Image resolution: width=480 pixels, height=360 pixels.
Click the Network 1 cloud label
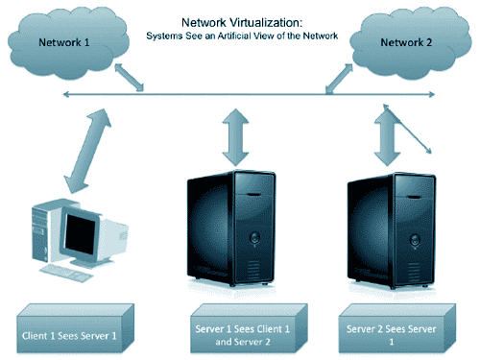(x=64, y=42)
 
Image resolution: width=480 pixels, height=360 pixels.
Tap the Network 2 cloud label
(x=406, y=42)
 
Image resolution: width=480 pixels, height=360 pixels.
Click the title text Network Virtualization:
(x=242, y=22)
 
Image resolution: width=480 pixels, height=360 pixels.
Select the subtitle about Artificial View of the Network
(x=242, y=36)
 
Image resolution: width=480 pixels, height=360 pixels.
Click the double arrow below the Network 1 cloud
(x=130, y=78)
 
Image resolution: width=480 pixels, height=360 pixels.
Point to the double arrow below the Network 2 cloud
(x=339, y=79)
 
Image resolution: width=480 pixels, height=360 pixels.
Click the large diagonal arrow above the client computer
(x=87, y=151)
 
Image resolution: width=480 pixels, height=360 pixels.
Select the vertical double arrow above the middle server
(x=235, y=137)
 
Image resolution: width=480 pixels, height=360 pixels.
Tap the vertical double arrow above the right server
(x=387, y=137)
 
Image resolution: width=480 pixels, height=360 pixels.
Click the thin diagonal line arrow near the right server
(x=407, y=129)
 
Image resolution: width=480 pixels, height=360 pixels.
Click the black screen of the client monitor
(x=80, y=234)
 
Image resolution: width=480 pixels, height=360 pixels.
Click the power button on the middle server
(x=254, y=238)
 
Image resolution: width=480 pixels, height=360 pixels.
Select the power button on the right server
(x=415, y=239)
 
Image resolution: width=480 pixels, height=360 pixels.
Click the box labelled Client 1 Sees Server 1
(x=75, y=328)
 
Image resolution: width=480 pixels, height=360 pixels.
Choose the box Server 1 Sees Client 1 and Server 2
(x=249, y=328)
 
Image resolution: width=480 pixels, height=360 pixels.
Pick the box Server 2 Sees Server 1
(x=397, y=328)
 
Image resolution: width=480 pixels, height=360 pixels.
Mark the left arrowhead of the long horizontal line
(x=66, y=94)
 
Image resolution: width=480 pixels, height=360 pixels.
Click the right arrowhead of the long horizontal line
(x=432, y=94)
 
